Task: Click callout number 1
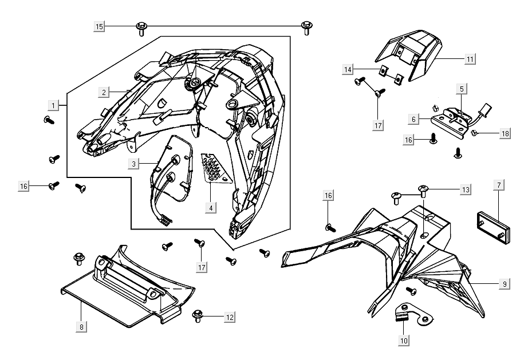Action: click(x=53, y=105)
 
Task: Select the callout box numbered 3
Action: click(x=133, y=164)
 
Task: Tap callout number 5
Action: click(x=462, y=89)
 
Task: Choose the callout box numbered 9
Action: click(x=504, y=284)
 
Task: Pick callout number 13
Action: click(x=466, y=189)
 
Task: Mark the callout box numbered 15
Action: click(x=100, y=26)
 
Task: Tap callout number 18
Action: click(x=504, y=134)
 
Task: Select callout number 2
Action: click(x=104, y=92)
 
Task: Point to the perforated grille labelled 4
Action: click(x=215, y=169)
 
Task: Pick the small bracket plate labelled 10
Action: click(x=413, y=313)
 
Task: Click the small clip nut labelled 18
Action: click(x=476, y=134)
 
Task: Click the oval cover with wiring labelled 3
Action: click(x=172, y=169)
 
